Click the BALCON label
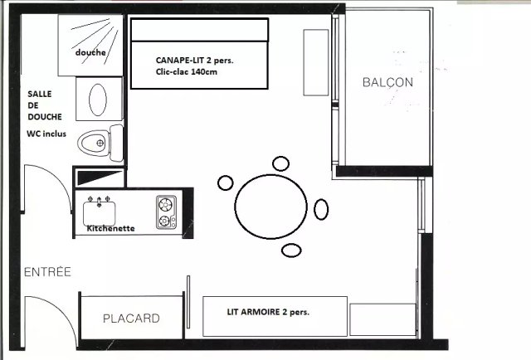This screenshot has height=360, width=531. click(387, 82)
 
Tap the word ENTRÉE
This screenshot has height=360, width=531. click(48, 272)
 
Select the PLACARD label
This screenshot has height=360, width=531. click(131, 319)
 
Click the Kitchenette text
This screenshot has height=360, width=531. click(110, 229)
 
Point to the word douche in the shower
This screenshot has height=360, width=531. click(90, 52)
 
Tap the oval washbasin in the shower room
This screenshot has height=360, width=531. click(98, 100)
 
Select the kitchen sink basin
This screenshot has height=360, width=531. click(100, 213)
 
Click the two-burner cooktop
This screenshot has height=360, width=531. click(166, 212)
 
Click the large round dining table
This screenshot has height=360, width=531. click(271, 207)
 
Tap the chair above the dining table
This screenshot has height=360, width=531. click(280, 163)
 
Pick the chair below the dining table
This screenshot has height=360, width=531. click(291, 251)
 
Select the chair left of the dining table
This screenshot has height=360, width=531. click(225, 182)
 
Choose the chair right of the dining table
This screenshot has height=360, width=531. click(321, 209)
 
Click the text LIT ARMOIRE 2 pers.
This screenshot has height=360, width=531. click(268, 312)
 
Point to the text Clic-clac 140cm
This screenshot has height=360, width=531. click(187, 72)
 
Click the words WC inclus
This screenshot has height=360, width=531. click(46, 134)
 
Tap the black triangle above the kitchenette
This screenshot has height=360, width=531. click(100, 178)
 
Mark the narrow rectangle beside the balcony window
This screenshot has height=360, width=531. click(316, 63)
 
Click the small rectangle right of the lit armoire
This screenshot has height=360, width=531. click(382, 319)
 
